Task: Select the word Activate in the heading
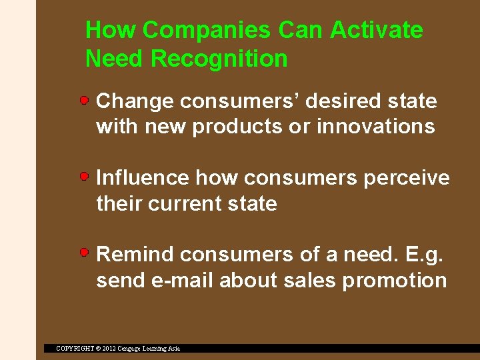tap(377, 30)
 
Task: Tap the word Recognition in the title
tap(219, 59)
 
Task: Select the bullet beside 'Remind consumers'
tap(85, 253)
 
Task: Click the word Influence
tap(143, 178)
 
